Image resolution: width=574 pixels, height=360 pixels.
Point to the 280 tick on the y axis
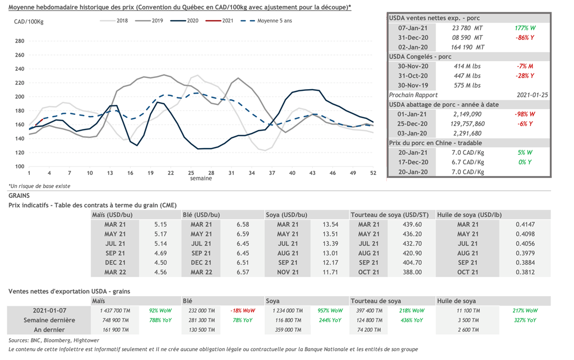20,41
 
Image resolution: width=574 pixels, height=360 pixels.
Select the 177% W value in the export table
525,28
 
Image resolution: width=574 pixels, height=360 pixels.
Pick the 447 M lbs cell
467,76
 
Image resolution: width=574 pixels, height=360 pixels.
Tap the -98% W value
525,114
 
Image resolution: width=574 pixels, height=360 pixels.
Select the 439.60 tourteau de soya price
412,224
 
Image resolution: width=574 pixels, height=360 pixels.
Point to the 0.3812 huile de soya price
525,272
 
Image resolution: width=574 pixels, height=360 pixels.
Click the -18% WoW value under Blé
243,311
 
